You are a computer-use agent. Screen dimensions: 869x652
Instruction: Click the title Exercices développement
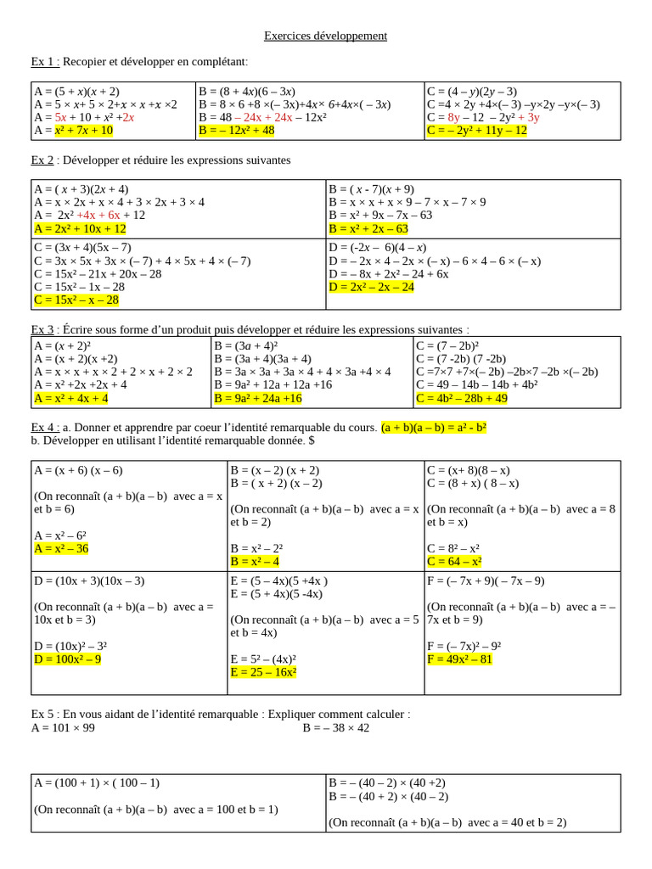[325, 36]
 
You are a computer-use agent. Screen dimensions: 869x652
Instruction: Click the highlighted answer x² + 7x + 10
[83, 131]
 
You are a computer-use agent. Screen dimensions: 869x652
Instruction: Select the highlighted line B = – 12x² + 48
[237, 131]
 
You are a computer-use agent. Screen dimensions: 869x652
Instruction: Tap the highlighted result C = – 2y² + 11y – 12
[477, 131]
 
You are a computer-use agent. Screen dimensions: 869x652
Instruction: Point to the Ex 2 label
[42, 160]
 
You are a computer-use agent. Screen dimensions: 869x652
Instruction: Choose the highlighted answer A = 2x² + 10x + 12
[81, 229]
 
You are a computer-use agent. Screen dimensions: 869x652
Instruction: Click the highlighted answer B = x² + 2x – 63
[368, 229]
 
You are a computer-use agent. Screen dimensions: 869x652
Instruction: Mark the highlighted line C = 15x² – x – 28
[76, 300]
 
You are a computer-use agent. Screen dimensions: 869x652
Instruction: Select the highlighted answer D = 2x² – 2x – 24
[371, 287]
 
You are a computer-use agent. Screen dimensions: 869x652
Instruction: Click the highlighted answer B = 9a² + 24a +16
[258, 398]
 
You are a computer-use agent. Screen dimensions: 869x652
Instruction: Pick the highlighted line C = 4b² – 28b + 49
[461, 398]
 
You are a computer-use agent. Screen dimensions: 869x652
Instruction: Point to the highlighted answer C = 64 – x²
[454, 562]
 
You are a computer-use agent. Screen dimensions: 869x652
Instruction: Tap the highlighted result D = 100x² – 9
[68, 659]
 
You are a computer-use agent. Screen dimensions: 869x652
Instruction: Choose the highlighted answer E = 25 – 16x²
[263, 672]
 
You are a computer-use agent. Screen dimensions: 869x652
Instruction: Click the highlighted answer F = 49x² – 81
[460, 659]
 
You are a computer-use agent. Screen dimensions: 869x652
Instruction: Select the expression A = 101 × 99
[64, 728]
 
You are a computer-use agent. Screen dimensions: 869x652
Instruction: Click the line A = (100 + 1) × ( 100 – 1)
[97, 783]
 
